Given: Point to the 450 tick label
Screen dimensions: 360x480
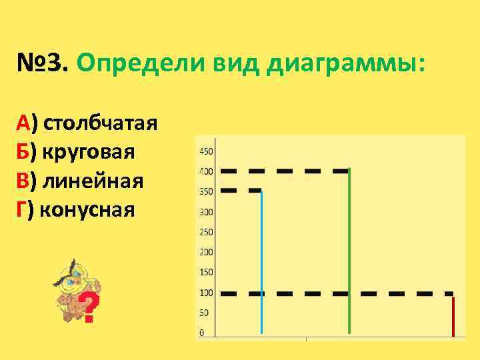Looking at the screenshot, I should [206, 151].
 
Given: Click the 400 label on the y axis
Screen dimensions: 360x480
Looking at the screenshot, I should [206, 171].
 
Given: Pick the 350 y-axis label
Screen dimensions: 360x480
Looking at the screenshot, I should [206, 192].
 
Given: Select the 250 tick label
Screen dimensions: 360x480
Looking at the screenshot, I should [206, 232].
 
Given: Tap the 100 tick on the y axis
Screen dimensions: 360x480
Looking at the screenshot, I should [206, 293].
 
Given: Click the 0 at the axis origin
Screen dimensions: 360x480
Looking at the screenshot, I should [203, 332].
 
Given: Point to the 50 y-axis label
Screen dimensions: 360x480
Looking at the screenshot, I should [204, 313].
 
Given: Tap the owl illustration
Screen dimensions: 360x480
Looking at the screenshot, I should [70, 287].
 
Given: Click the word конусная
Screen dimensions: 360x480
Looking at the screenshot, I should [87, 210].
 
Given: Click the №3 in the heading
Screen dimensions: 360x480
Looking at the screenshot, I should [42, 66].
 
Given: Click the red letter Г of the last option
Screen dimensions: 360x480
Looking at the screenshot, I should [22, 210].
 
